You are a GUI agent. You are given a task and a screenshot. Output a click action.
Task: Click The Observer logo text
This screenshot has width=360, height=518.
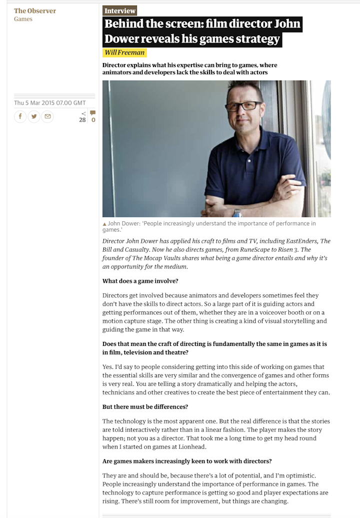35,11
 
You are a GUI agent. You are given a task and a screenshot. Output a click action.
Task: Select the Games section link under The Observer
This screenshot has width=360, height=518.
23,19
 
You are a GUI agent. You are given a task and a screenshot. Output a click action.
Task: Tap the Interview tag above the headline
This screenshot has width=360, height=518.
119,11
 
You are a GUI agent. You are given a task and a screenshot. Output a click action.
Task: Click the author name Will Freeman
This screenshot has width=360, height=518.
124,53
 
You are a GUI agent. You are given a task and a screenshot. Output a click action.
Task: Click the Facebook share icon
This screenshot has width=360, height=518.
20,117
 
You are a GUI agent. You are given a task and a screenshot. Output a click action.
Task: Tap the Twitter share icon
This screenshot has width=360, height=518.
34,117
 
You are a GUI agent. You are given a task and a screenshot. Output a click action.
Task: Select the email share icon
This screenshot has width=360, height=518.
47,117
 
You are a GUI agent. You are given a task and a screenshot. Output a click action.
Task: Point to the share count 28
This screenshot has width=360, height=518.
82,120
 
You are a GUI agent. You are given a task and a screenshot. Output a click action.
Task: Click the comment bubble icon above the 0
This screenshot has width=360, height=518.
92,113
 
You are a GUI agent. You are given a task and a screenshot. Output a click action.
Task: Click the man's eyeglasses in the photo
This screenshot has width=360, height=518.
243,106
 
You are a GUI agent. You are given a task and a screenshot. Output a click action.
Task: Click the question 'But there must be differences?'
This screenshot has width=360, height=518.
145,406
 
